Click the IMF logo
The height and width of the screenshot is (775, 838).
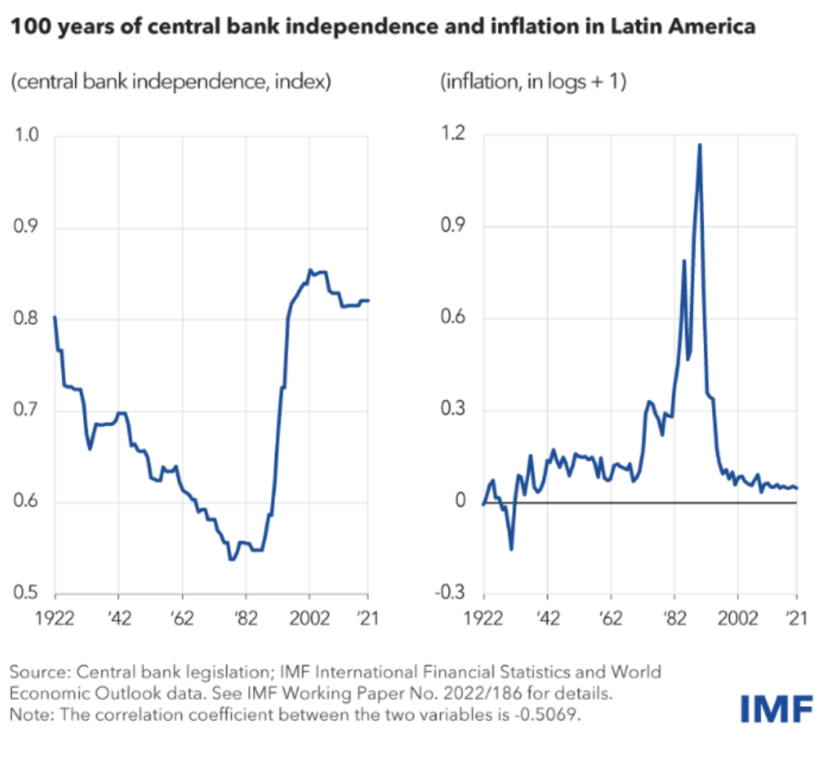[776, 707]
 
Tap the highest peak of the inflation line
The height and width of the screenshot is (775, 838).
[699, 145]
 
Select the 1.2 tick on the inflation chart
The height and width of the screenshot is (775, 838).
[453, 135]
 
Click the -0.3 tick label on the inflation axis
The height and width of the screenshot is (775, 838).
[451, 593]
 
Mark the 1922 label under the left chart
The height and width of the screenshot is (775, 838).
[55, 617]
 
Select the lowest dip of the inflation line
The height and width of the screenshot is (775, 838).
[511, 549]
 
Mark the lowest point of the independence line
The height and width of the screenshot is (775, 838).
[232, 559]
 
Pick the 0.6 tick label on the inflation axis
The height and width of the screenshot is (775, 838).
[453, 318]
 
